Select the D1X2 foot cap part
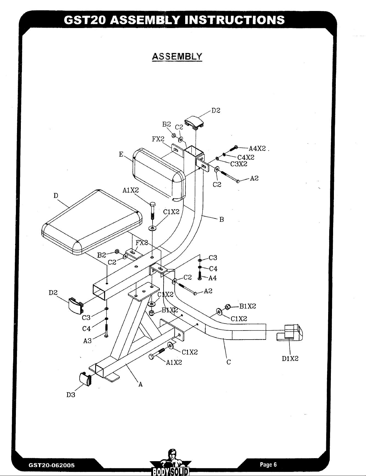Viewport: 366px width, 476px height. (x=290, y=333)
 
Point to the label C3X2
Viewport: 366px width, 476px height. (x=239, y=164)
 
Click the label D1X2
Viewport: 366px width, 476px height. (x=290, y=359)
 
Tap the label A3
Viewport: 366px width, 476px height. (x=87, y=341)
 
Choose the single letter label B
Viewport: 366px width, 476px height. (x=222, y=220)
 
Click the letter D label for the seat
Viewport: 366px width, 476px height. (x=56, y=196)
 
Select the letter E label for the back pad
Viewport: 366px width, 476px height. (x=121, y=154)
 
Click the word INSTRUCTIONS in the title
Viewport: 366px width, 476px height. (x=235, y=20)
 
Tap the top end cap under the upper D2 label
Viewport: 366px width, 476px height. (x=195, y=122)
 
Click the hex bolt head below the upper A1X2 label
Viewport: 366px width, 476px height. (x=153, y=205)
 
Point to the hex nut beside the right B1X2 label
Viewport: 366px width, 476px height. (x=227, y=306)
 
